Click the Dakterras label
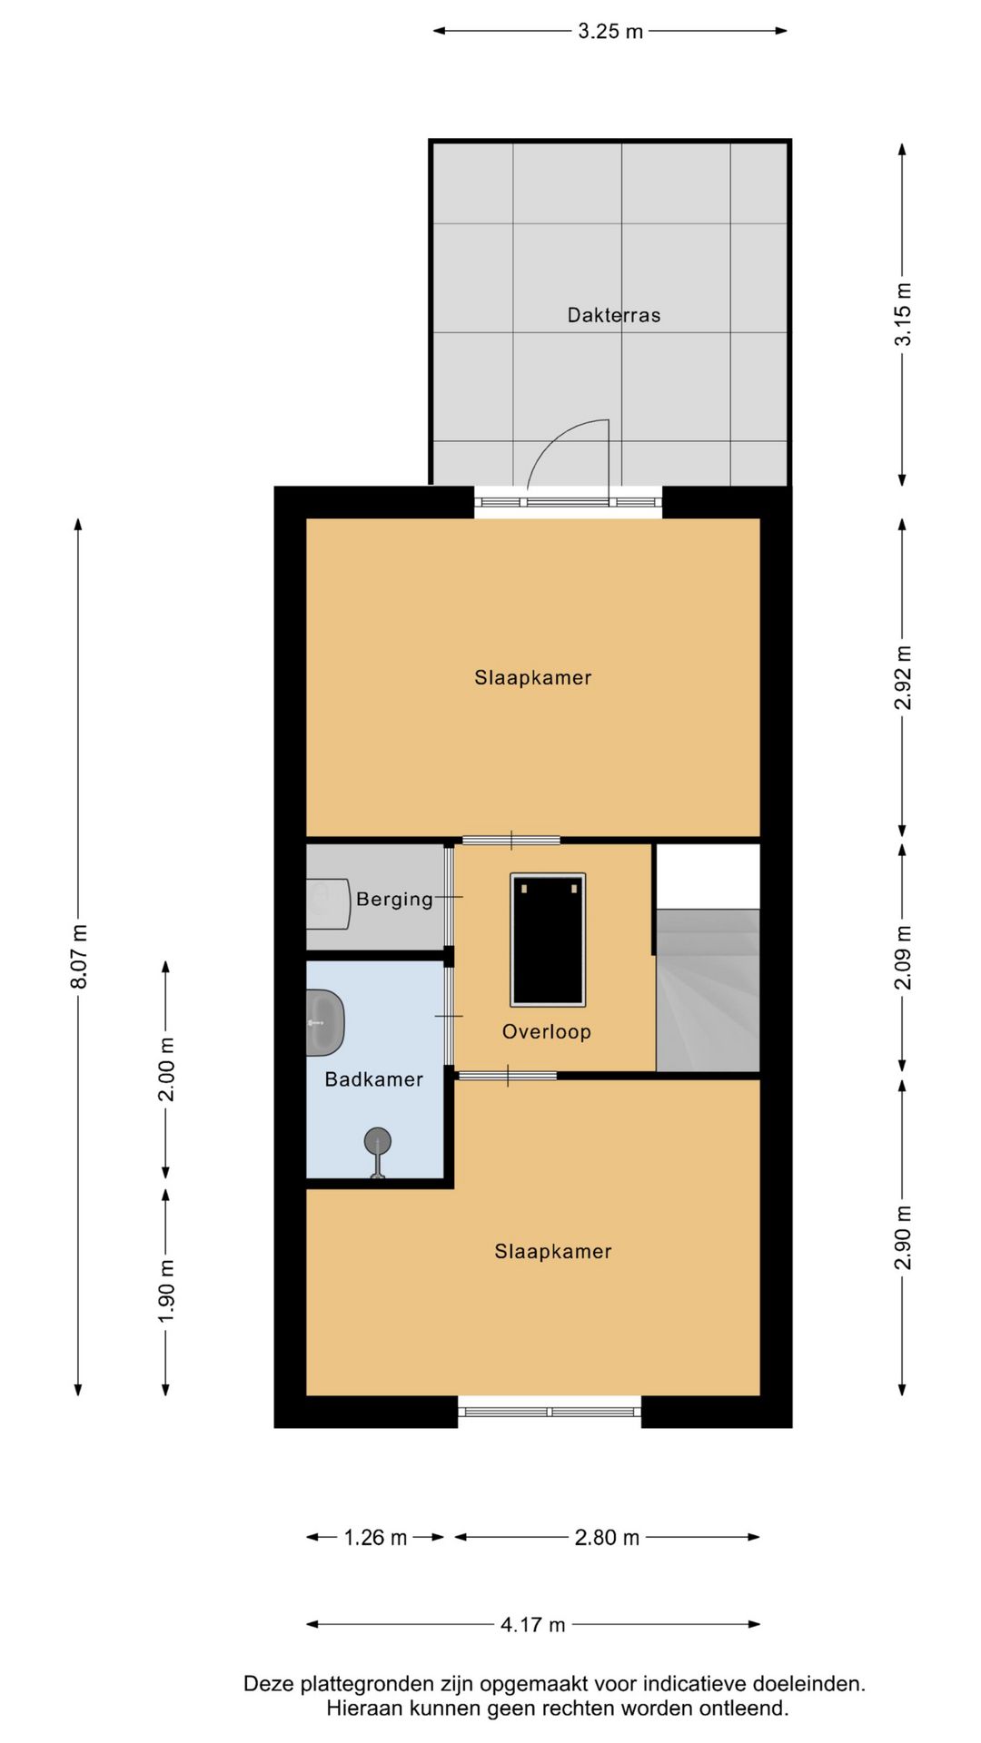(x=614, y=315)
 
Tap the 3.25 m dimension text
(x=610, y=31)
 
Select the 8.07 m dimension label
(x=79, y=957)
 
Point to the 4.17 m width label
(x=532, y=1625)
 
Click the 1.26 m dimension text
(x=375, y=1538)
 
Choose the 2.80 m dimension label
(x=607, y=1538)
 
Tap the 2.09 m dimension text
(x=903, y=957)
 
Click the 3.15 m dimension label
(x=903, y=314)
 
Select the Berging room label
(x=394, y=899)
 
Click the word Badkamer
(x=374, y=1079)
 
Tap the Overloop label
(x=547, y=1031)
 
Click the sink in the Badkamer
(x=325, y=1023)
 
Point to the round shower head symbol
(x=378, y=1141)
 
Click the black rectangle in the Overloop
(x=548, y=940)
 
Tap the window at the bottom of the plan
(x=550, y=1412)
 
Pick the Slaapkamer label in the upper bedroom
(x=533, y=677)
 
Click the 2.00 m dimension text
(x=166, y=1068)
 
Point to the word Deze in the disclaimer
(x=268, y=1684)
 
